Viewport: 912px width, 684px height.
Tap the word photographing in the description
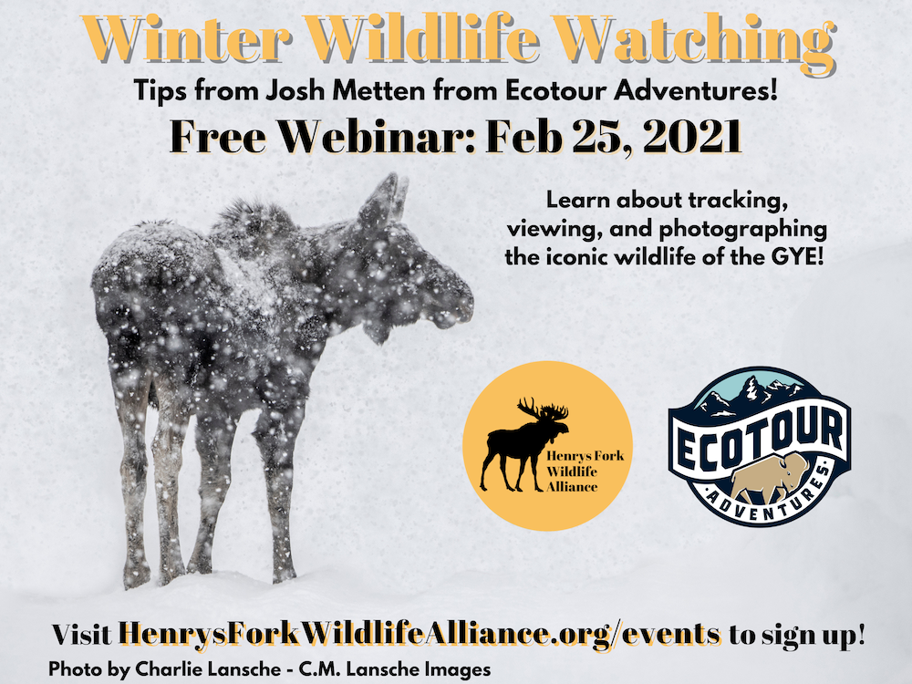pos(742,229)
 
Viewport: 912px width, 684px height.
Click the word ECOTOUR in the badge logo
pos(759,440)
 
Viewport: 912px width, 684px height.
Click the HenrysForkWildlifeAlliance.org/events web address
pos(420,634)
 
